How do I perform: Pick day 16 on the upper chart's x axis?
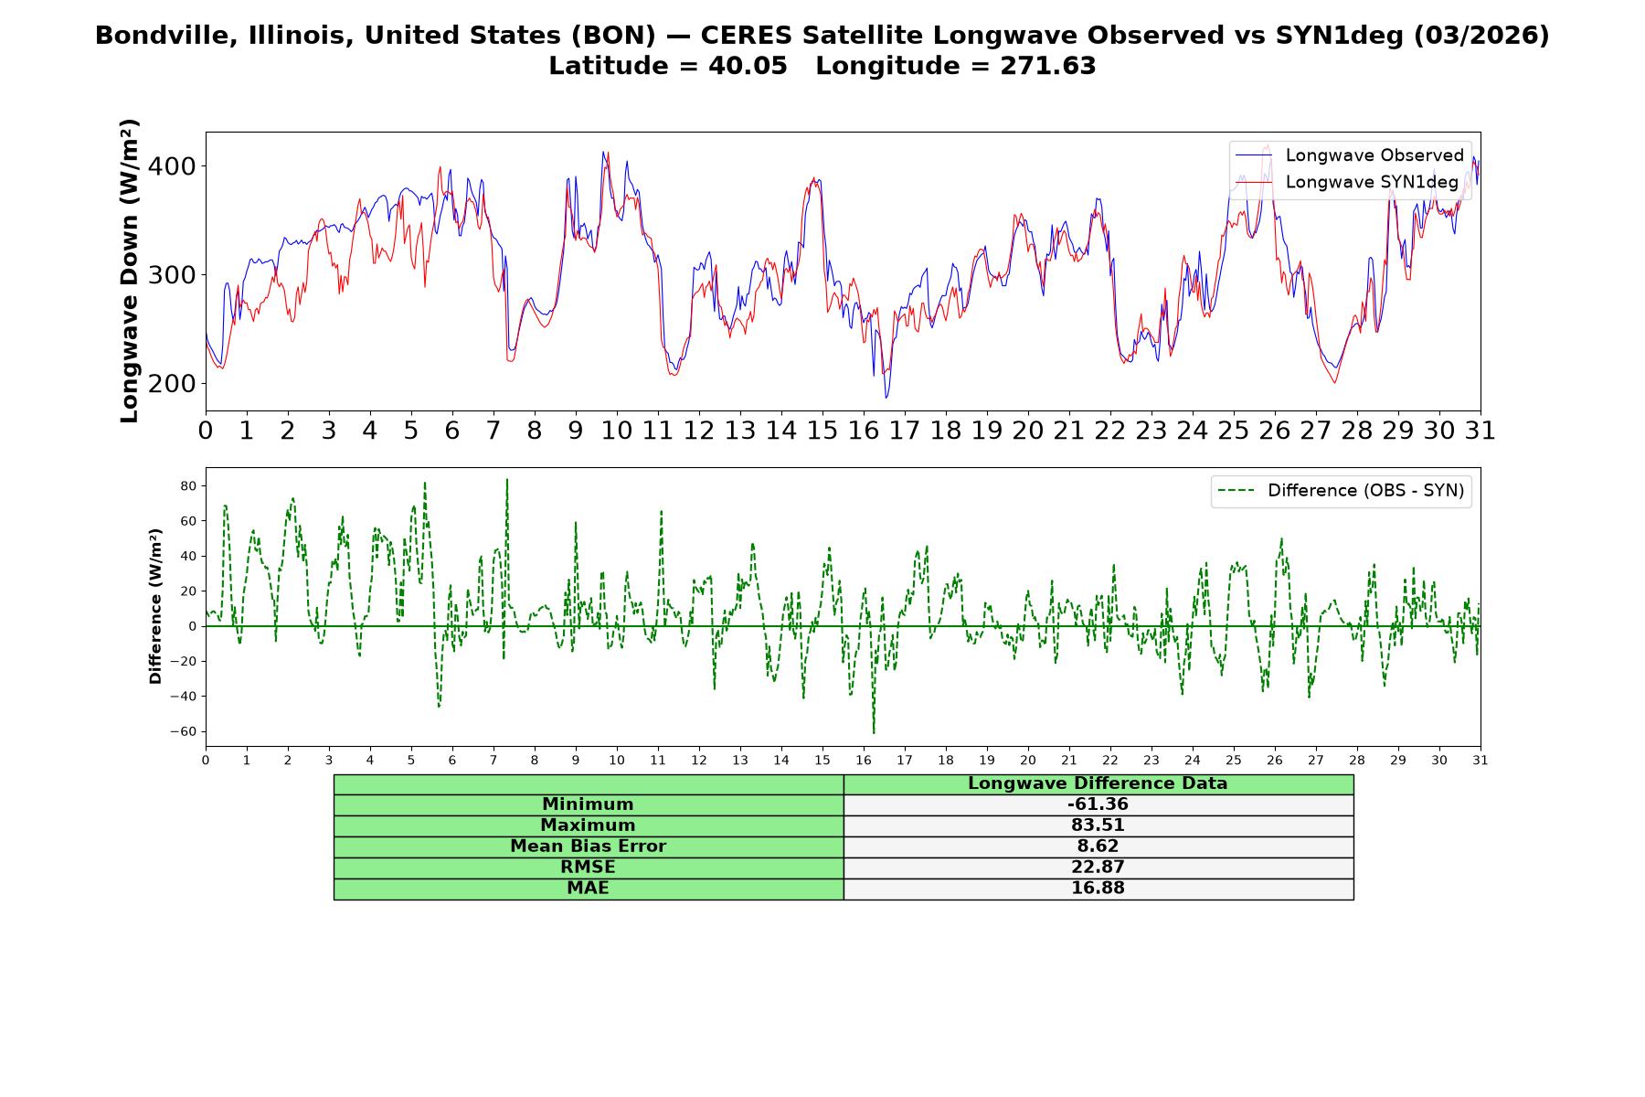click(x=864, y=431)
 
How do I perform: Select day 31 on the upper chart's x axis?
click(x=1480, y=431)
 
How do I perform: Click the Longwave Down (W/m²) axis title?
click(x=129, y=271)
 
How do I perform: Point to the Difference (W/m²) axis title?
click(x=155, y=606)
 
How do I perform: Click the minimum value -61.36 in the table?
click(x=1098, y=804)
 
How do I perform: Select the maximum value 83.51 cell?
click(x=1098, y=825)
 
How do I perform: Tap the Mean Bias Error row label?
click(x=588, y=847)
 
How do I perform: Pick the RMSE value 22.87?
click(x=1098, y=868)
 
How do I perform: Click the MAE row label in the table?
click(x=588, y=889)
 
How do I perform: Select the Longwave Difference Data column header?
click(x=1098, y=783)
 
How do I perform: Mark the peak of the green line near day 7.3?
click(x=506, y=479)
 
